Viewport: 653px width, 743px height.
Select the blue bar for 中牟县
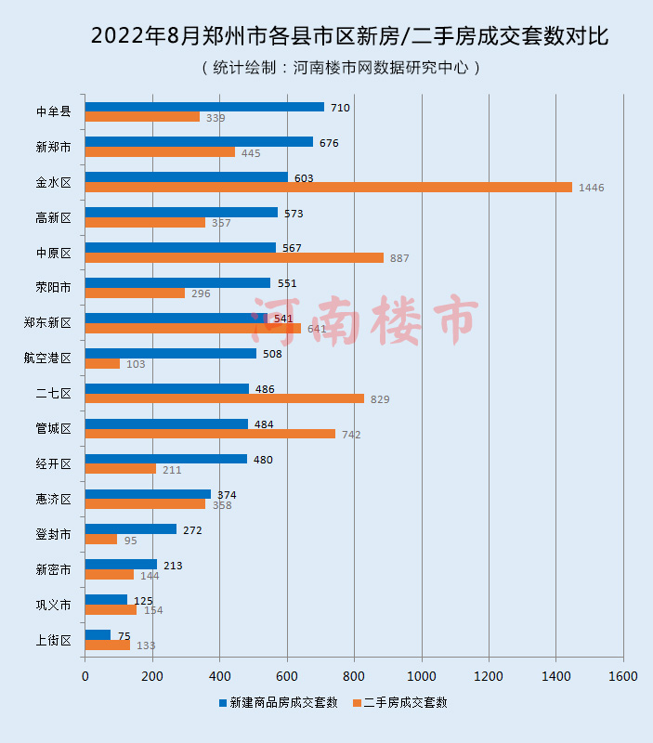pos(204,107)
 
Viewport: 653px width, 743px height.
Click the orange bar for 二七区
pos(224,398)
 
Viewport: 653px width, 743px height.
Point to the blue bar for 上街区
pos(98,635)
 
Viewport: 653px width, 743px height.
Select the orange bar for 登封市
pos(100,540)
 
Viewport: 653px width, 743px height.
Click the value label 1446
pos(591,188)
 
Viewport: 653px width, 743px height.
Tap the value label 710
pos(340,108)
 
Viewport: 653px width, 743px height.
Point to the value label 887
pos(399,258)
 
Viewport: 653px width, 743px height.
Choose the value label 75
pos(124,635)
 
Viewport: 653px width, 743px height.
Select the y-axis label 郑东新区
pos(47,322)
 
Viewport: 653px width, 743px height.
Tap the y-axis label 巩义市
pos(53,605)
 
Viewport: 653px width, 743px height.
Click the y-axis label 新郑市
pos(53,147)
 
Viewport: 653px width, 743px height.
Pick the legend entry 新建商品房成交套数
pos(278,702)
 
